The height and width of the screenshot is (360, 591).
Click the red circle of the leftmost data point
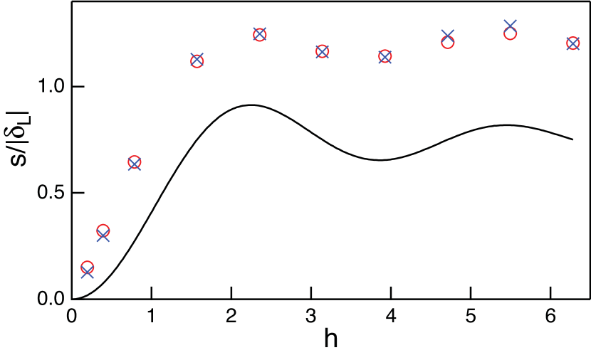pos(88,267)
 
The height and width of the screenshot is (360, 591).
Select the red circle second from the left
pos(103,230)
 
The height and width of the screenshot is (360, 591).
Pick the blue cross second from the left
pos(103,236)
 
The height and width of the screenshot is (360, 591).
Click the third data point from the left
pos(135,163)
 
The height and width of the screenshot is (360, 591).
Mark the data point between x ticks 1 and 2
pos(197,60)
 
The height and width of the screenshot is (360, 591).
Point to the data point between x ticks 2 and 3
pos(260,34)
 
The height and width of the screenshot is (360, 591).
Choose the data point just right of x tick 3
pos(323,51)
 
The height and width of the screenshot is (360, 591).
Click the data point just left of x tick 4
pos(385,56)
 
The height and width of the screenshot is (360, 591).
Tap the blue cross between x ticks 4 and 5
pos(448,34)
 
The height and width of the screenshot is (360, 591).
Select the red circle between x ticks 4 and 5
pos(448,43)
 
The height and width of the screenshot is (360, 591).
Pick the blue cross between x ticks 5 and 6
pos(511,25)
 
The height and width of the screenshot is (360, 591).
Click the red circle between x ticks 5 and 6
pos(511,33)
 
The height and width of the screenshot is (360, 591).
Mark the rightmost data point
pos(573,43)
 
